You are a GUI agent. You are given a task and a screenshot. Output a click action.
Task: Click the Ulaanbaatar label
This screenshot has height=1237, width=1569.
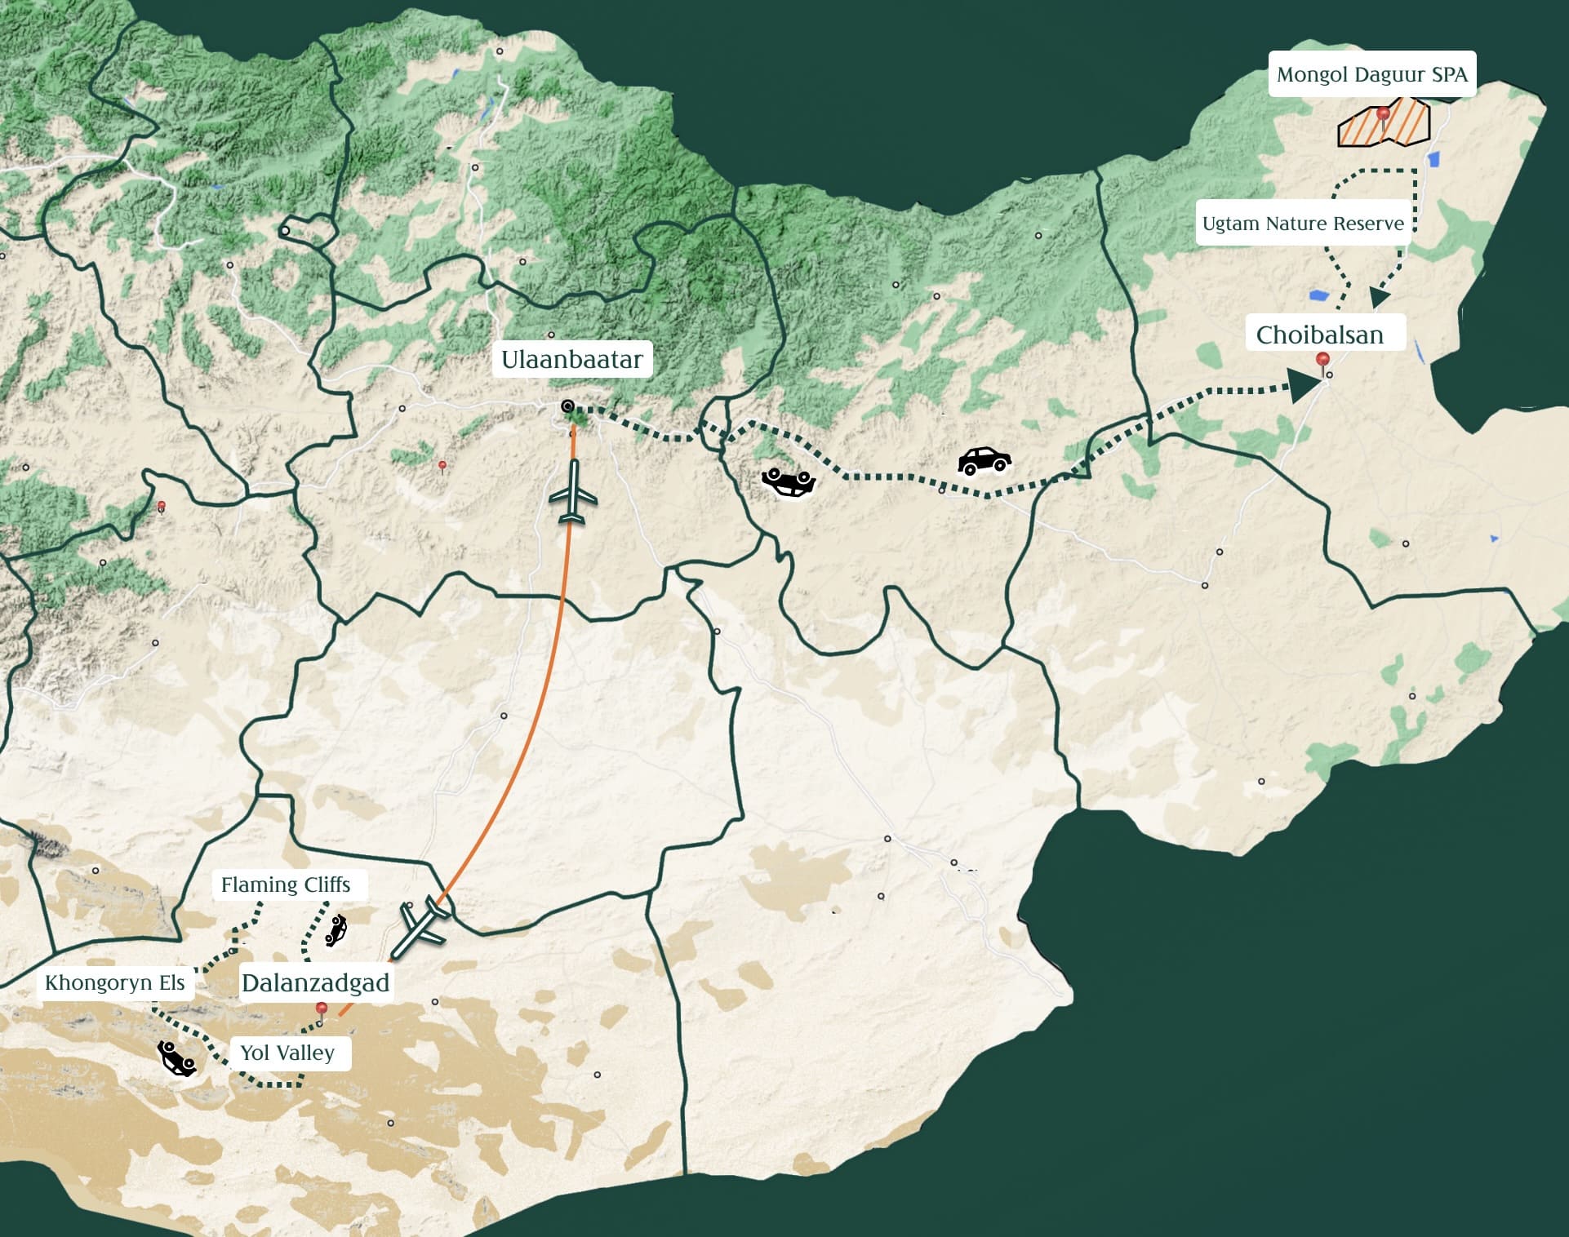pyautogui.click(x=571, y=359)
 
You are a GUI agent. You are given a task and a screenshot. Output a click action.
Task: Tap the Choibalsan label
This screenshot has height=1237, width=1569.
pyautogui.click(x=1319, y=335)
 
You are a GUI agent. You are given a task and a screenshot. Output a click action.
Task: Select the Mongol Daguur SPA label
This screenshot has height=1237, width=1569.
pyautogui.click(x=1371, y=74)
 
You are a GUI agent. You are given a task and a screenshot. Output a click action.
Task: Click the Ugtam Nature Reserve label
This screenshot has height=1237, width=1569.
pyautogui.click(x=1303, y=224)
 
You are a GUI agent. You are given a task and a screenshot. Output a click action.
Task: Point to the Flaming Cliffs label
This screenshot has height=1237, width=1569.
pyautogui.click(x=286, y=885)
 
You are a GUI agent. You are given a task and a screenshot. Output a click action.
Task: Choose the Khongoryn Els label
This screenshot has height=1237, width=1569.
pyautogui.click(x=115, y=982)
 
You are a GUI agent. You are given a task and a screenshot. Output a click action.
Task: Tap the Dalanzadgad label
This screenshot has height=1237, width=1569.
pyautogui.click(x=315, y=983)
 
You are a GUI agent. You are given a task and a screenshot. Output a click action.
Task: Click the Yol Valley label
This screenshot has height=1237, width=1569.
pyautogui.click(x=287, y=1053)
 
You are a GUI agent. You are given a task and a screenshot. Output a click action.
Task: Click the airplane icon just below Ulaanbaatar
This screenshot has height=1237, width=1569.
pyautogui.click(x=573, y=492)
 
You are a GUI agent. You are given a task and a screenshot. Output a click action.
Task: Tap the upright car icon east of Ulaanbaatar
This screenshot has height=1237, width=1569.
pyautogui.click(x=984, y=461)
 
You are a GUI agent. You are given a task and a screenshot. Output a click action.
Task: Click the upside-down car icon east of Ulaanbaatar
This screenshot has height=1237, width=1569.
pyautogui.click(x=789, y=482)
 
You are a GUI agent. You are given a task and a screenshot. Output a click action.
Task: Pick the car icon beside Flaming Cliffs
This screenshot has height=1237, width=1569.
pyautogui.click(x=336, y=931)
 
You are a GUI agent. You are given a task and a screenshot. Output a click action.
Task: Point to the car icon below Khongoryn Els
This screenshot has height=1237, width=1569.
pyautogui.click(x=176, y=1059)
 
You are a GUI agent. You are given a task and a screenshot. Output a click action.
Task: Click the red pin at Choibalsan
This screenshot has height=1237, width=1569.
pyautogui.click(x=1322, y=360)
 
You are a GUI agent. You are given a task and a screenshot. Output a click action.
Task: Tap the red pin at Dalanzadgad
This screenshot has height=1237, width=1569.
pyautogui.click(x=322, y=1010)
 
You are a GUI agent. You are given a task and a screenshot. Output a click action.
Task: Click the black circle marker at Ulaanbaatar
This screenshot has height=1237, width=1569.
pyautogui.click(x=567, y=406)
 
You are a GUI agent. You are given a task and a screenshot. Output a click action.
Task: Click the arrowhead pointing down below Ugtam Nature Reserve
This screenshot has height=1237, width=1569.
pyautogui.click(x=1379, y=297)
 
